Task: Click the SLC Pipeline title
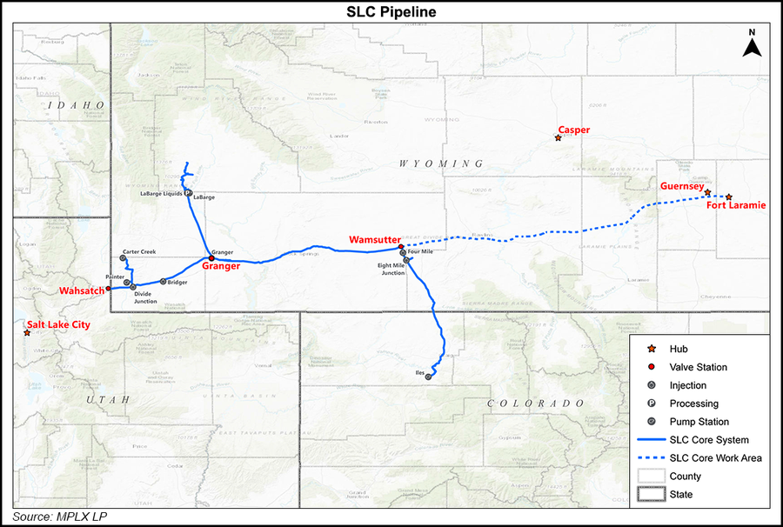[x=391, y=11]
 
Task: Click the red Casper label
[x=574, y=130]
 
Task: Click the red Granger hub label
[x=221, y=268]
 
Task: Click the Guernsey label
[x=682, y=185]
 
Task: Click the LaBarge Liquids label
[x=162, y=194]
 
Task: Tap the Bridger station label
[x=177, y=282]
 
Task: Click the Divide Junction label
[x=144, y=298]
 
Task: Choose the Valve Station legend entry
[x=699, y=367]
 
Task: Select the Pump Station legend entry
[x=699, y=422]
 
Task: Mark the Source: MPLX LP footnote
[x=60, y=517]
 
